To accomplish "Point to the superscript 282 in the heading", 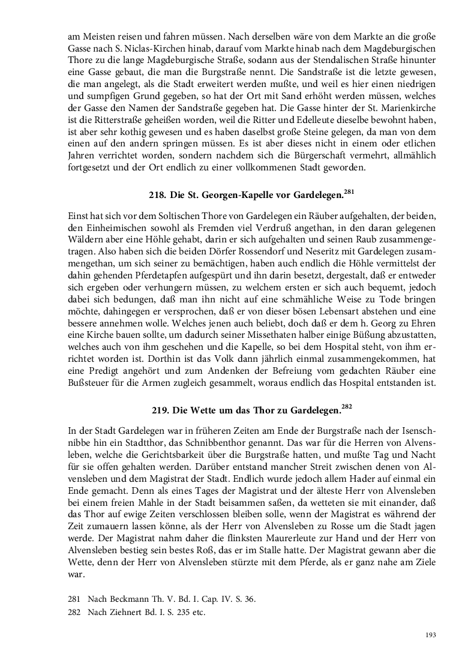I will pyautogui.click(x=346, y=407).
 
